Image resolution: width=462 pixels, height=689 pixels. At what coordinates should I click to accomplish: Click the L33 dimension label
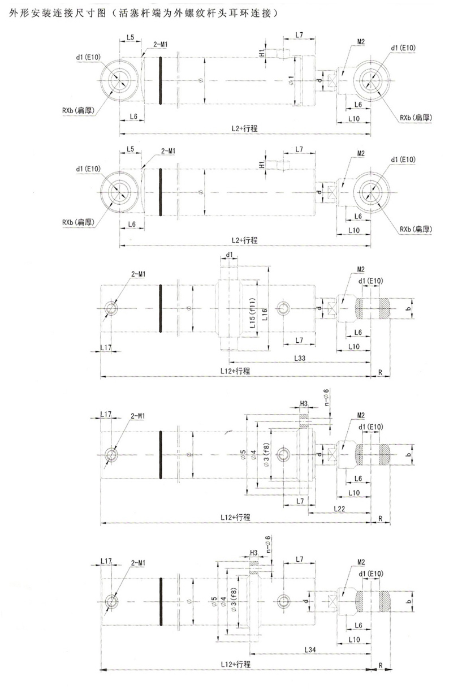point(300,359)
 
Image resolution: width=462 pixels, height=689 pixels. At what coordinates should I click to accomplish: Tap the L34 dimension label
point(309,651)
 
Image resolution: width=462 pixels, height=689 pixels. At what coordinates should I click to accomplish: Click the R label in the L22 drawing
point(381,518)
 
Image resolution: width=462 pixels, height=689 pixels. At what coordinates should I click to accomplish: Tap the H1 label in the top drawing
point(262,53)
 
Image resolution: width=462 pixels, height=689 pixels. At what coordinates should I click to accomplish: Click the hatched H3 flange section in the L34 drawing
point(254,566)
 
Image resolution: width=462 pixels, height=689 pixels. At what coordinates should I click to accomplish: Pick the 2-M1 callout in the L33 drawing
point(139,274)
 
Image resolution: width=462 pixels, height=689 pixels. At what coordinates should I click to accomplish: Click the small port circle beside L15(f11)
point(282,308)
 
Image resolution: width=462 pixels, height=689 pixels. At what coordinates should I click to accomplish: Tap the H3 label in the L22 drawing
point(304,403)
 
